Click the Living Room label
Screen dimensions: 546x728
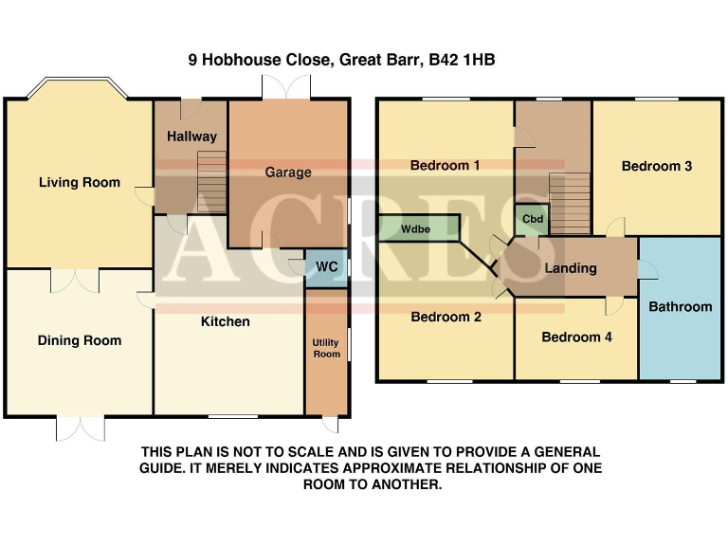coord(80,182)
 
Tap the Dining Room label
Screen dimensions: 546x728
coord(80,340)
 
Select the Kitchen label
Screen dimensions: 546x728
coord(226,321)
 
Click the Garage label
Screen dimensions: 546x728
coord(288,173)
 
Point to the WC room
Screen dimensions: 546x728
coord(326,266)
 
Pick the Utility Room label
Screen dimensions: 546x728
coord(326,348)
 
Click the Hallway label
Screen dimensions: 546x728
coord(191,136)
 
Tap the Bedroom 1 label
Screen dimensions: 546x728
coord(445,165)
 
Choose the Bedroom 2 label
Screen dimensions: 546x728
coord(446,318)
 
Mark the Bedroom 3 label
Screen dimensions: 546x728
coord(657,166)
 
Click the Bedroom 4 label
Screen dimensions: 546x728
coord(576,337)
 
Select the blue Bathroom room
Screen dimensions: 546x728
coord(680,306)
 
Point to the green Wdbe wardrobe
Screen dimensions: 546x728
coord(417,228)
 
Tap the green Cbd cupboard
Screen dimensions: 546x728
coord(533,219)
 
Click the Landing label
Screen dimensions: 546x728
coord(571,268)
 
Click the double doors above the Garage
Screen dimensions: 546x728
coord(287,88)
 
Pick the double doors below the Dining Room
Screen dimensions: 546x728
coord(80,428)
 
